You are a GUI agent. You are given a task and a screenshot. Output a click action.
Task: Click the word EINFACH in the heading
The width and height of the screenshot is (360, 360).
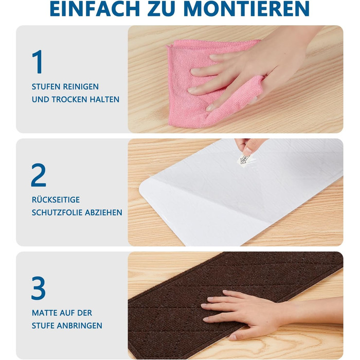(95, 9)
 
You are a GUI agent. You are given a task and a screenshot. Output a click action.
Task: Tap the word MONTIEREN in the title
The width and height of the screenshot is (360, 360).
(247, 9)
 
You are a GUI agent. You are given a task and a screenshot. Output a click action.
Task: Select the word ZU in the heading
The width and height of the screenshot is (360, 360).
(162, 9)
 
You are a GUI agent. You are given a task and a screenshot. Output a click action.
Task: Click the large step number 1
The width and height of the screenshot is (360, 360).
(38, 62)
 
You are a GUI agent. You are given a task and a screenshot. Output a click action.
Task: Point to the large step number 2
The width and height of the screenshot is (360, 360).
(39, 175)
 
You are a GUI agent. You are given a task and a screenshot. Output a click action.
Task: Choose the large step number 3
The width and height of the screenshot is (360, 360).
(39, 287)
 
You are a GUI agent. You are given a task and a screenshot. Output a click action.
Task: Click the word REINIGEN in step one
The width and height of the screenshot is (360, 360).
(81, 87)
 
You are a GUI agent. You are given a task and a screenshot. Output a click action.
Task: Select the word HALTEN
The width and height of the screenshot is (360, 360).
(104, 99)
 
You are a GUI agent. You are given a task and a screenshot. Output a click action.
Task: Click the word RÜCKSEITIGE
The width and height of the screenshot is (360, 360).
(56, 200)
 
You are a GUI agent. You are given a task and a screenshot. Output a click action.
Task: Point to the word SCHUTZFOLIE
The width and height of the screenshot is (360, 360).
(57, 212)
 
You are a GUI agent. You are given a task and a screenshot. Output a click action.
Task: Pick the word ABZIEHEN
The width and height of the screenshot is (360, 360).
(103, 212)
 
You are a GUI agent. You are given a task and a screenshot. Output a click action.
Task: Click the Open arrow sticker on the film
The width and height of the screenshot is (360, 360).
(244, 159)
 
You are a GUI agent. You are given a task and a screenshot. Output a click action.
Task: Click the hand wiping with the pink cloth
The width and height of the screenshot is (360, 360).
(253, 69)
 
